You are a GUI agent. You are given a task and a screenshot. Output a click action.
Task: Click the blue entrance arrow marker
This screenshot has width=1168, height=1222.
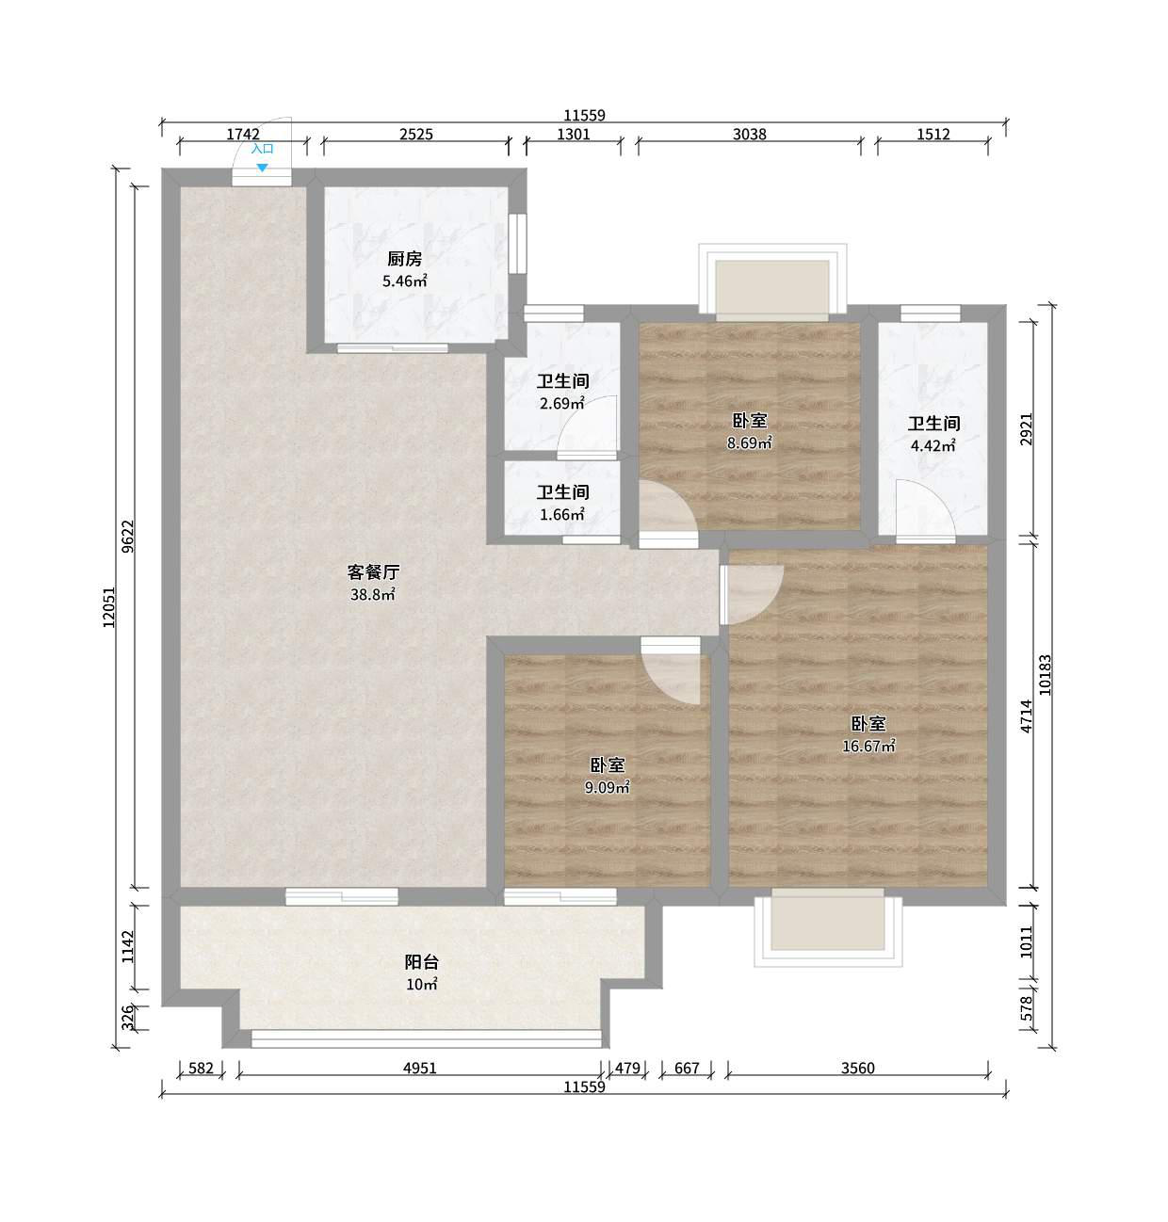point(262,168)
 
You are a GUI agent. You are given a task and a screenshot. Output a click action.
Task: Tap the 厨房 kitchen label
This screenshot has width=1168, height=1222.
point(404,259)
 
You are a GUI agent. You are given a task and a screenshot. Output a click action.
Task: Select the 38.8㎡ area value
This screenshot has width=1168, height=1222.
point(373,594)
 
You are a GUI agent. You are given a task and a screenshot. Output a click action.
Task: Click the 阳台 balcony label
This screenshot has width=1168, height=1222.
point(421,962)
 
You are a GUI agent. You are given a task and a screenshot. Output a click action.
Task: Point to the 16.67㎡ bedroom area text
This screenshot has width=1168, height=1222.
point(868,746)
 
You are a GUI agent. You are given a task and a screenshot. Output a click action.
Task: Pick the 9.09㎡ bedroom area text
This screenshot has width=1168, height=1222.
point(607,787)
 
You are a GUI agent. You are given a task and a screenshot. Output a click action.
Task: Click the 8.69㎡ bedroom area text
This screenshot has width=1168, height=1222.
point(750,443)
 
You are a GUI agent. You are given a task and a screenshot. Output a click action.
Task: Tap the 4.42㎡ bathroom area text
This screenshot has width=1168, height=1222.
point(933,446)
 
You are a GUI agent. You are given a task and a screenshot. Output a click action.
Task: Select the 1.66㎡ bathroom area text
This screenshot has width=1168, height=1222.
point(562,515)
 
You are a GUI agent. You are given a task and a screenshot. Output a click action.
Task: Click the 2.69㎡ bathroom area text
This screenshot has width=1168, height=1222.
point(562,403)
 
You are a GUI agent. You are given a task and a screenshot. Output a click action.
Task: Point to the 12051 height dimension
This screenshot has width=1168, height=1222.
point(109,607)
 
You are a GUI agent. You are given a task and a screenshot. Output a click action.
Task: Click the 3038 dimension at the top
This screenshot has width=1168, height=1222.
point(750,134)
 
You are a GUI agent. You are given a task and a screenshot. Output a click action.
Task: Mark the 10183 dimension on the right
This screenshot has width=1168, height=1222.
point(1045,675)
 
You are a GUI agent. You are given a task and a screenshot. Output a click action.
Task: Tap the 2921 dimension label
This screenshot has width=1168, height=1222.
point(1026,429)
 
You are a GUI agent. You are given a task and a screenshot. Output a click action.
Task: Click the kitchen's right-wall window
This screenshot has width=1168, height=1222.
point(517,244)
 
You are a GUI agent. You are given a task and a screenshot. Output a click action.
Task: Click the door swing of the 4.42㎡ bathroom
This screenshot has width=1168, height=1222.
point(926,511)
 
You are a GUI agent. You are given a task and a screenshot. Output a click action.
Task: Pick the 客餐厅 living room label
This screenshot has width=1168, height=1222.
point(373,572)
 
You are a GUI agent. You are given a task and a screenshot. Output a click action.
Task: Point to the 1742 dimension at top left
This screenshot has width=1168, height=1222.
point(243,134)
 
